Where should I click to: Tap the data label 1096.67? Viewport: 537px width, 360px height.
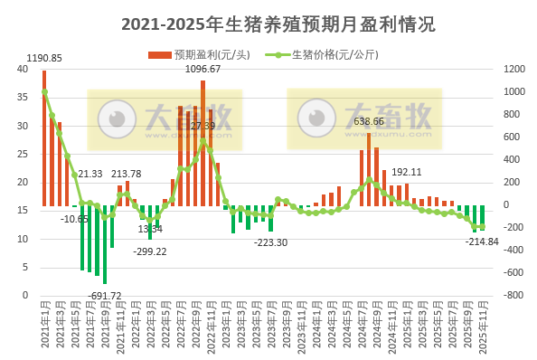[x=203, y=69]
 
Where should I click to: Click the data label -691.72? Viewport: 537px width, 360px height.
[x=104, y=296]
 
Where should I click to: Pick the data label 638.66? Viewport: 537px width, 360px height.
[x=368, y=121]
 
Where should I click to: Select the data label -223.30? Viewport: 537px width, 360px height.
[x=270, y=242]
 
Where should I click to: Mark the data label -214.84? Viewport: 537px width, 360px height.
[x=482, y=242]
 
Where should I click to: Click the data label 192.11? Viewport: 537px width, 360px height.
[x=406, y=172]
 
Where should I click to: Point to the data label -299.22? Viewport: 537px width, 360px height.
[x=149, y=251]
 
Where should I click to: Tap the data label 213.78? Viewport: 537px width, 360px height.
[x=126, y=174]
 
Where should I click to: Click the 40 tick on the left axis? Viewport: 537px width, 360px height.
[x=24, y=69]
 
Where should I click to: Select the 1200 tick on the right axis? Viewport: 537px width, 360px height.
[x=513, y=69]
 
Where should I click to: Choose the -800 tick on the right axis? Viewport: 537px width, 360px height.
[x=513, y=295]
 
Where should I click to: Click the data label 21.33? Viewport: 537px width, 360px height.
[x=89, y=174]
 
